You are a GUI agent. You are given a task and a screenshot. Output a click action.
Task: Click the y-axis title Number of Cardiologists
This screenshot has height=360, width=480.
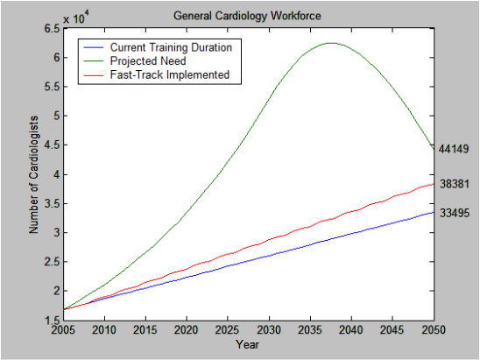[35, 175]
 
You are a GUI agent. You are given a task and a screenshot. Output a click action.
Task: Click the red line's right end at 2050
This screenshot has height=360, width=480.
[432, 184]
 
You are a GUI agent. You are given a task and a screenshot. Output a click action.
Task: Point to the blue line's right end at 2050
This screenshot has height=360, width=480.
[432, 212]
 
